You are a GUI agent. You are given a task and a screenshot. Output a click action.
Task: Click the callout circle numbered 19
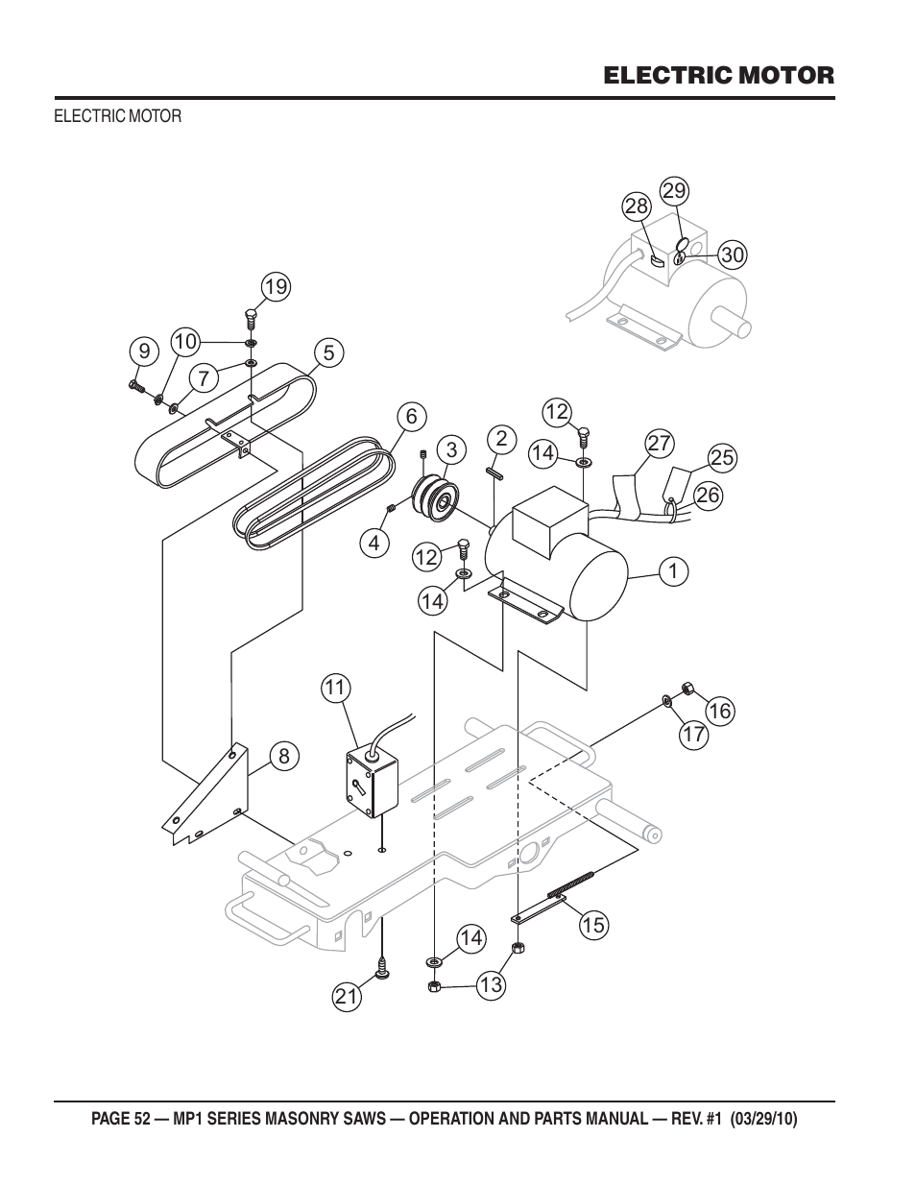pyautogui.click(x=276, y=286)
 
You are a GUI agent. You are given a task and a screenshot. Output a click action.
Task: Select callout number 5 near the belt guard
pyautogui.click(x=328, y=353)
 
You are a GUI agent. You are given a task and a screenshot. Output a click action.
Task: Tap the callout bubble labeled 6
pyautogui.click(x=411, y=416)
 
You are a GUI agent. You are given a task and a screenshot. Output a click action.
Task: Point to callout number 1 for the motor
pyautogui.click(x=673, y=571)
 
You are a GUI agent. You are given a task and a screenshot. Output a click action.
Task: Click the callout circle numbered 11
pyautogui.click(x=336, y=688)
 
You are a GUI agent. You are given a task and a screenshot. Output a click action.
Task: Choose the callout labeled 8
pyautogui.click(x=283, y=757)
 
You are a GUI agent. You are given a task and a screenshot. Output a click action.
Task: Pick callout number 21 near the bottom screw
pyautogui.click(x=347, y=997)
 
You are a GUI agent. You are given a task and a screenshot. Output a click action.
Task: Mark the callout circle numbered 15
pyautogui.click(x=593, y=925)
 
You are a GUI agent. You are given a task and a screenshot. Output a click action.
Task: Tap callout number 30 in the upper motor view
pyautogui.click(x=732, y=254)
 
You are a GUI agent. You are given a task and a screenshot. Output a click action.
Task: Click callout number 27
pyautogui.click(x=660, y=444)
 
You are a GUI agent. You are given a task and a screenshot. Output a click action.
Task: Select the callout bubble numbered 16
pyautogui.click(x=720, y=711)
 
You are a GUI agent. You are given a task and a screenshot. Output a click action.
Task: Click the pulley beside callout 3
pyautogui.click(x=434, y=498)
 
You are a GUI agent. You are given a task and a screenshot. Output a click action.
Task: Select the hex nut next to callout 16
pyautogui.click(x=687, y=688)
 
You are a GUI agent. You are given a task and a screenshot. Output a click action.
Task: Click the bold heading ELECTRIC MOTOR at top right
pyautogui.click(x=719, y=75)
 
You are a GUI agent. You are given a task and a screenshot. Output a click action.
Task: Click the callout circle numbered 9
pyautogui.click(x=143, y=351)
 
